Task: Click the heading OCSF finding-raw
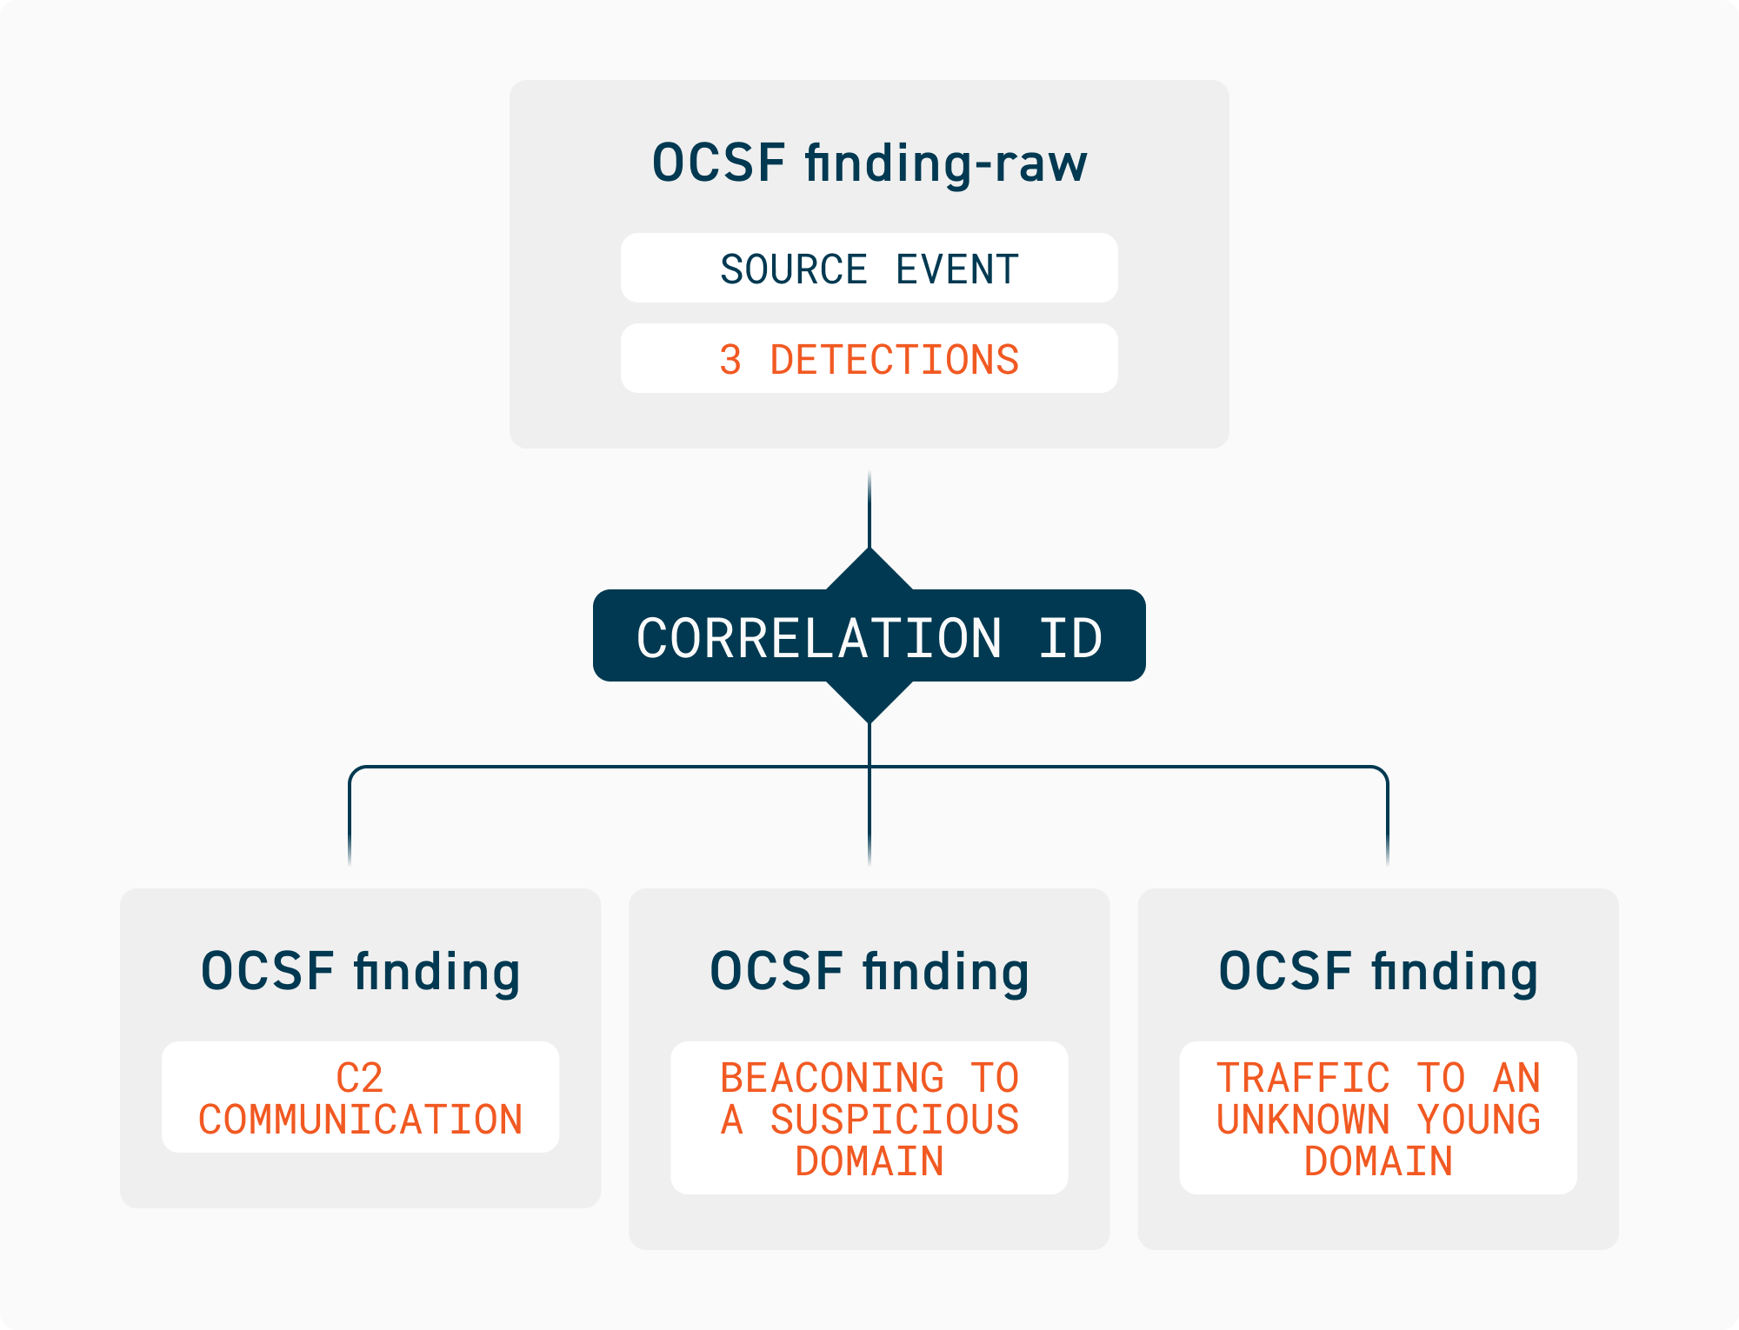869,163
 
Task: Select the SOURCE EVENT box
869,269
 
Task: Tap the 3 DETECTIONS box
869,359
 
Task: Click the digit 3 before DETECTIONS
730,360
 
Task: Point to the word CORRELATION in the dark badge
819,638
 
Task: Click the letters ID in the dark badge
1070,638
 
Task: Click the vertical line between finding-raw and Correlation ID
869,509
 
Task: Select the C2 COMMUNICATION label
360,1098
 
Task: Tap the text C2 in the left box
360,1078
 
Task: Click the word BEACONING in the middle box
832,1078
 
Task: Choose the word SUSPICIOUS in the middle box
894,1120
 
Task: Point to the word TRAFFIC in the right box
1303,1078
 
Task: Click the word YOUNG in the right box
1478,1120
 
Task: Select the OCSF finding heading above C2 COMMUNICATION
360,971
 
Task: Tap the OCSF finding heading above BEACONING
869,971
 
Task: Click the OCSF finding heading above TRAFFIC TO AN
1378,971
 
